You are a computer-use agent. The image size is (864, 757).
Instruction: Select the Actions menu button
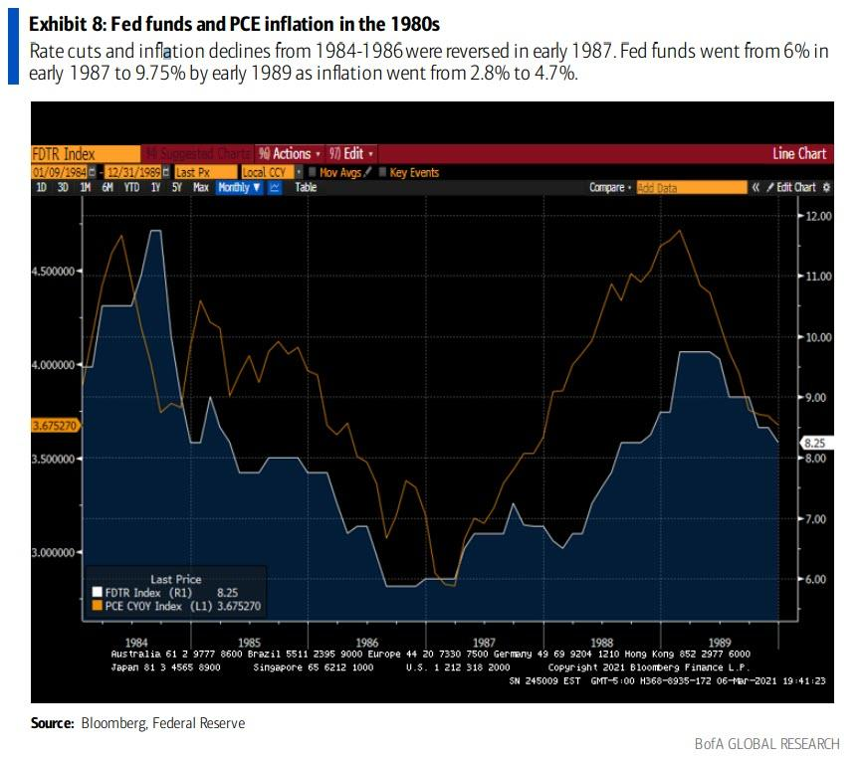(x=289, y=154)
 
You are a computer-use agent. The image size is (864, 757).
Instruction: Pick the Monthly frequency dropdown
(x=239, y=187)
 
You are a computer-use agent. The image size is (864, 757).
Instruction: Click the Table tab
(x=306, y=187)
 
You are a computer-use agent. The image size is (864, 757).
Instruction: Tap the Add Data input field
(x=691, y=187)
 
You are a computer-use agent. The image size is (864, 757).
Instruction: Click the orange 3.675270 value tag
(x=55, y=426)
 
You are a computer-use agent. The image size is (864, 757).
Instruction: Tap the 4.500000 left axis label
(x=56, y=271)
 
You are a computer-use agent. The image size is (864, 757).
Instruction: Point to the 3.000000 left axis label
(x=56, y=552)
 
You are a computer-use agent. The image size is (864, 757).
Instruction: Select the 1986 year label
(x=368, y=642)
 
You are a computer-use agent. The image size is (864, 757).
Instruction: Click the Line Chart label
(x=798, y=154)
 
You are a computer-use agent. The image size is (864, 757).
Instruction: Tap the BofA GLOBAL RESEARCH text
(x=767, y=743)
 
